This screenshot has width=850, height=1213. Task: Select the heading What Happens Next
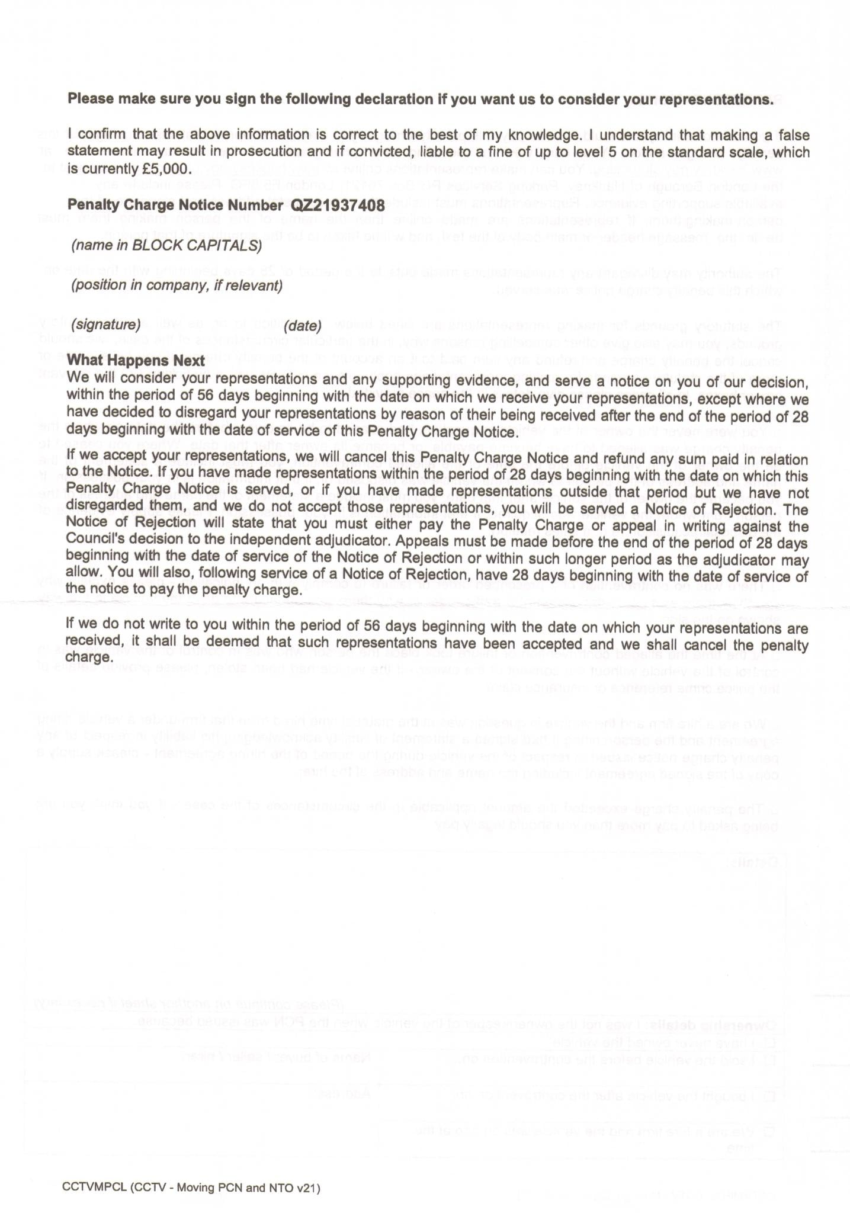tap(136, 360)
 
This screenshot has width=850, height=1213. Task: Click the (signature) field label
tap(105, 325)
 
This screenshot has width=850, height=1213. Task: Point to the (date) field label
tap(302, 326)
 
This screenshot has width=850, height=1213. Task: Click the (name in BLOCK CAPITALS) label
tap(166, 245)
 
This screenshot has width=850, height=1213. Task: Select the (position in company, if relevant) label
tap(176, 285)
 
